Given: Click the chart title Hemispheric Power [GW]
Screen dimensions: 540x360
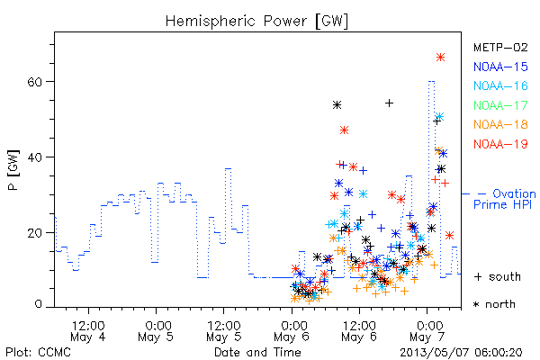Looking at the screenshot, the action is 256,22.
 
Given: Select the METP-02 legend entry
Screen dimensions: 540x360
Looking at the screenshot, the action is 500,47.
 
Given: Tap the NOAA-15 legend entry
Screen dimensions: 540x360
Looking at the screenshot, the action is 500,67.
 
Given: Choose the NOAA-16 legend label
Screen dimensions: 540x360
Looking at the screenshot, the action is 500,85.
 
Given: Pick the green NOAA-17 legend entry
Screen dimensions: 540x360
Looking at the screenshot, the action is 500,105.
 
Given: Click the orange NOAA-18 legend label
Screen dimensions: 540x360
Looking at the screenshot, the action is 500,124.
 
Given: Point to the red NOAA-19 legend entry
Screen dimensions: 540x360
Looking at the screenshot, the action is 500,144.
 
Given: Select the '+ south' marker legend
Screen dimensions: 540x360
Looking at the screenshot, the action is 498,276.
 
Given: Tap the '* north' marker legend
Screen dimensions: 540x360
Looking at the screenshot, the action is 494,304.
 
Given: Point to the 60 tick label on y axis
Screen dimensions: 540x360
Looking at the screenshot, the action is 34,82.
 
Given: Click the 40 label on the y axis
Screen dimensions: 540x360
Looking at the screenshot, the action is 34,157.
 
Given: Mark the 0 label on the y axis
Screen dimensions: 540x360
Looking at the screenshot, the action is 39,304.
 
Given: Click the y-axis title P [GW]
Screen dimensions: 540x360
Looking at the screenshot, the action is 13,170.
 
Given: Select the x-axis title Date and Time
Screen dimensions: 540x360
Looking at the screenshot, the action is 257,353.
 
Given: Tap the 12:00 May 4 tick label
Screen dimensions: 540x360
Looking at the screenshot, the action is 88,331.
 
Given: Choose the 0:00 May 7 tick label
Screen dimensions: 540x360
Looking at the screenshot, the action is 427,331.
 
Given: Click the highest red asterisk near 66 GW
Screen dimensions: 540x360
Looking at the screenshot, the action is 440,58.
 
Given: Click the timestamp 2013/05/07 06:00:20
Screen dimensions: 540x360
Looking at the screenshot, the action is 461,353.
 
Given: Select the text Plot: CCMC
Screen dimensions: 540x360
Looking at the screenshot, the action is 38,353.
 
